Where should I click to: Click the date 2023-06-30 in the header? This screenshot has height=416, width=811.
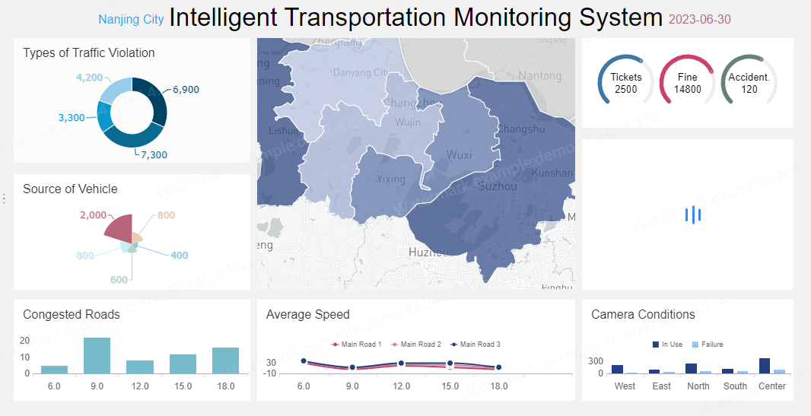click(699, 19)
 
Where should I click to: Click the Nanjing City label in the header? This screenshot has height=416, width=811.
click(131, 19)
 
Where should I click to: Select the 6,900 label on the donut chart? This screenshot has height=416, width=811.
click(186, 90)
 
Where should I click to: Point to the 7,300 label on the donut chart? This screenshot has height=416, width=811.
click(154, 154)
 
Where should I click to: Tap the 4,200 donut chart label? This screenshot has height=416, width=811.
click(89, 78)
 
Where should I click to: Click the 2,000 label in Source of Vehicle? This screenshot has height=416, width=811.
click(93, 215)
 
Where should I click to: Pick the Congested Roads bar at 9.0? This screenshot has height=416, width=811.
click(97, 355)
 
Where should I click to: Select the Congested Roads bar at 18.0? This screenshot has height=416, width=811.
click(225, 360)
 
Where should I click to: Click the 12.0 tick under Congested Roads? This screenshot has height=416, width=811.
click(140, 386)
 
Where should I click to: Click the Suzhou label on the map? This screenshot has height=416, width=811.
click(497, 186)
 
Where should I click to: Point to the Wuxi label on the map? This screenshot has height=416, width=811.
click(459, 155)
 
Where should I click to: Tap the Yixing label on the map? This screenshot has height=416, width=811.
click(391, 179)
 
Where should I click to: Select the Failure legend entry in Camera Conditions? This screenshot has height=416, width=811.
click(707, 345)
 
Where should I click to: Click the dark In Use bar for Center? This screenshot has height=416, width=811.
click(765, 365)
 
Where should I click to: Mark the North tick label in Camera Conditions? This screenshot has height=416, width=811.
click(698, 386)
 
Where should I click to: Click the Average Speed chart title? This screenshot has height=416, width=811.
click(308, 314)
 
